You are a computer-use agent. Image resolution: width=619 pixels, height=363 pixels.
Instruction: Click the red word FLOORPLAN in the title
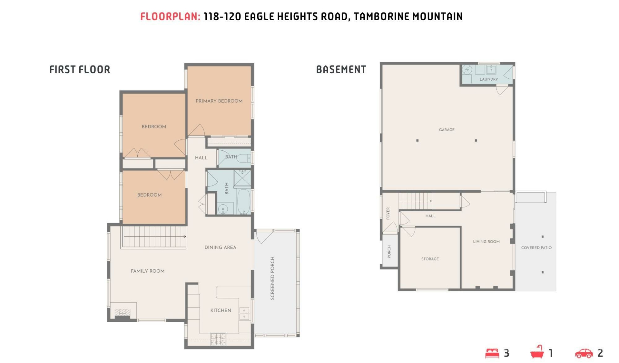click(x=170, y=16)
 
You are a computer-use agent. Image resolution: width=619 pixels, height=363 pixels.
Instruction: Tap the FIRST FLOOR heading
click(x=80, y=69)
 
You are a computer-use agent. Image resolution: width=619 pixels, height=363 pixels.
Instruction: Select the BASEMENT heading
click(x=341, y=69)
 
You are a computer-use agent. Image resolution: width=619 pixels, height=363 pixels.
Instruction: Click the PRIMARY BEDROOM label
click(x=219, y=101)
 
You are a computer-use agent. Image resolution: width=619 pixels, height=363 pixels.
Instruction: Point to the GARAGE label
click(x=447, y=130)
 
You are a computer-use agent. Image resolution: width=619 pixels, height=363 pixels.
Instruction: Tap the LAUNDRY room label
click(x=489, y=79)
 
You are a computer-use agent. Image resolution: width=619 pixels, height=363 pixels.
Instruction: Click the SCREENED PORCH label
click(x=272, y=278)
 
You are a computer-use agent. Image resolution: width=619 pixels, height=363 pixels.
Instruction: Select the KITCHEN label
click(x=221, y=310)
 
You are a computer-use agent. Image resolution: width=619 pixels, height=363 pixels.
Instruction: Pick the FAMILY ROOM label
click(x=148, y=271)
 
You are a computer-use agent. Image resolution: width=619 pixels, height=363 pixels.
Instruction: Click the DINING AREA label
click(x=220, y=247)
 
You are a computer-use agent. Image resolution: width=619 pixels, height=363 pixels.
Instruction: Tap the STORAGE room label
click(x=430, y=259)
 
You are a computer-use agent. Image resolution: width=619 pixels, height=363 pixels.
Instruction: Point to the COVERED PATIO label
click(x=536, y=248)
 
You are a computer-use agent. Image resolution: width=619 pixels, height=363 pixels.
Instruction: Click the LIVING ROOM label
click(x=486, y=241)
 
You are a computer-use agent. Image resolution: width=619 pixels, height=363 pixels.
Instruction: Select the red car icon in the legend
click(x=584, y=353)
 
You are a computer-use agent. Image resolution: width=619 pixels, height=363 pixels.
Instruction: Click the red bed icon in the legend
click(x=492, y=353)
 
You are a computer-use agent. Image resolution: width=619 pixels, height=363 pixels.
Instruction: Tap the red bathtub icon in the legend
click(x=537, y=352)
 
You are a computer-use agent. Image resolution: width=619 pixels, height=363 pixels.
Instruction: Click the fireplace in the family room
click(x=123, y=312)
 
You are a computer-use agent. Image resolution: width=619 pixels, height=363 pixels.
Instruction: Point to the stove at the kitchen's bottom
click(x=218, y=339)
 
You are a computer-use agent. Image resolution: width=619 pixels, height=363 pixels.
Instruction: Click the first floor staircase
click(x=154, y=237)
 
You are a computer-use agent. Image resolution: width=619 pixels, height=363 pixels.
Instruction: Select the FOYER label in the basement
click(x=388, y=213)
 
